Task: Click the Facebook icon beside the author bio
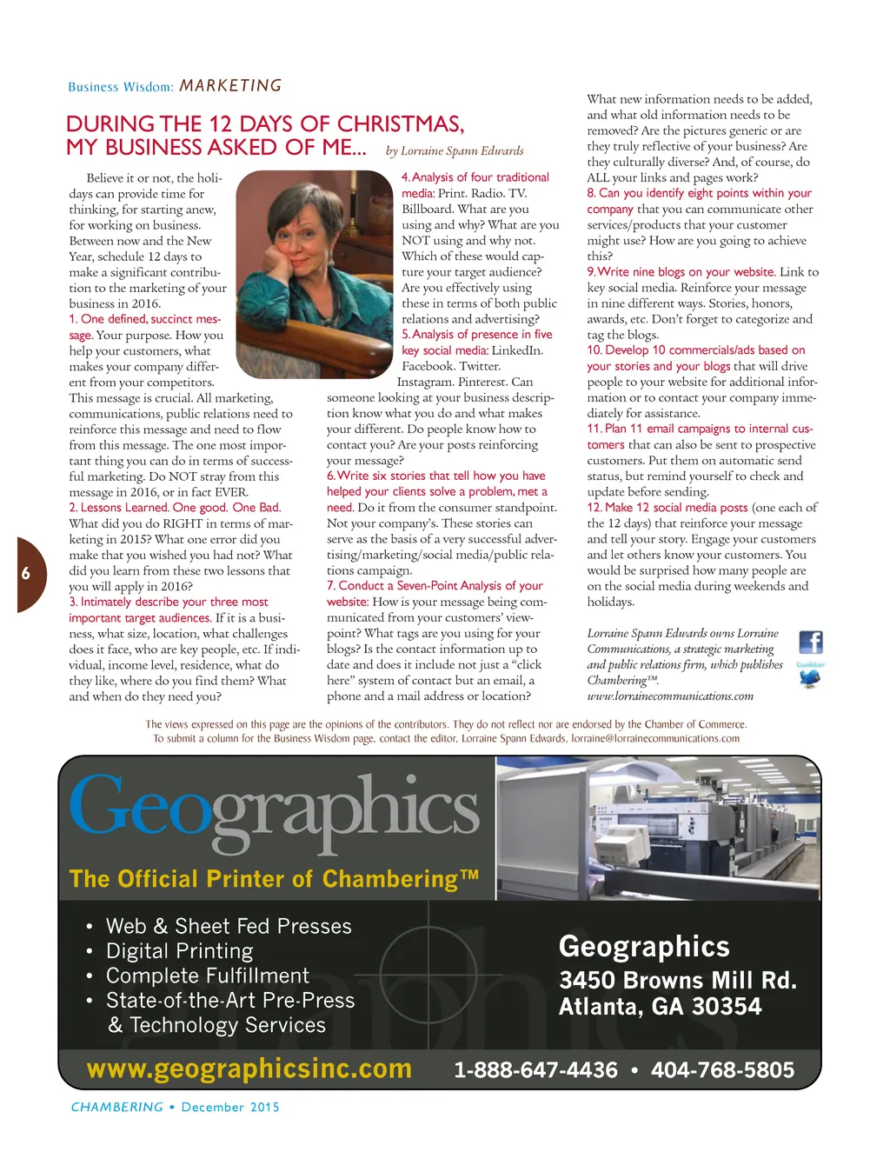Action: (810, 643)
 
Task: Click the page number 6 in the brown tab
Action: (26, 573)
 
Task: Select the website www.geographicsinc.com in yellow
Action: (249, 1069)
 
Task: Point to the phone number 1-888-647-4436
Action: (535, 1070)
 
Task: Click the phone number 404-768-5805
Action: (722, 1070)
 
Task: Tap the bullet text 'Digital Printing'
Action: (179, 951)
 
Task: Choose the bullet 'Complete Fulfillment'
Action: (207, 976)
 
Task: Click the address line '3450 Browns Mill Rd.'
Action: (677, 980)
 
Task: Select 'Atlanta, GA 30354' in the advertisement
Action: (660, 1007)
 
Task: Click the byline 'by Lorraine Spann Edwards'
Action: (455, 150)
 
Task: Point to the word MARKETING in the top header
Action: (230, 86)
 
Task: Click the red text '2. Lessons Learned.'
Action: (119, 508)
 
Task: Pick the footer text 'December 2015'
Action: (230, 1107)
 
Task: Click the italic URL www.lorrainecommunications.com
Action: (670, 696)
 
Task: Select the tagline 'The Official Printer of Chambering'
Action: (274, 879)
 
